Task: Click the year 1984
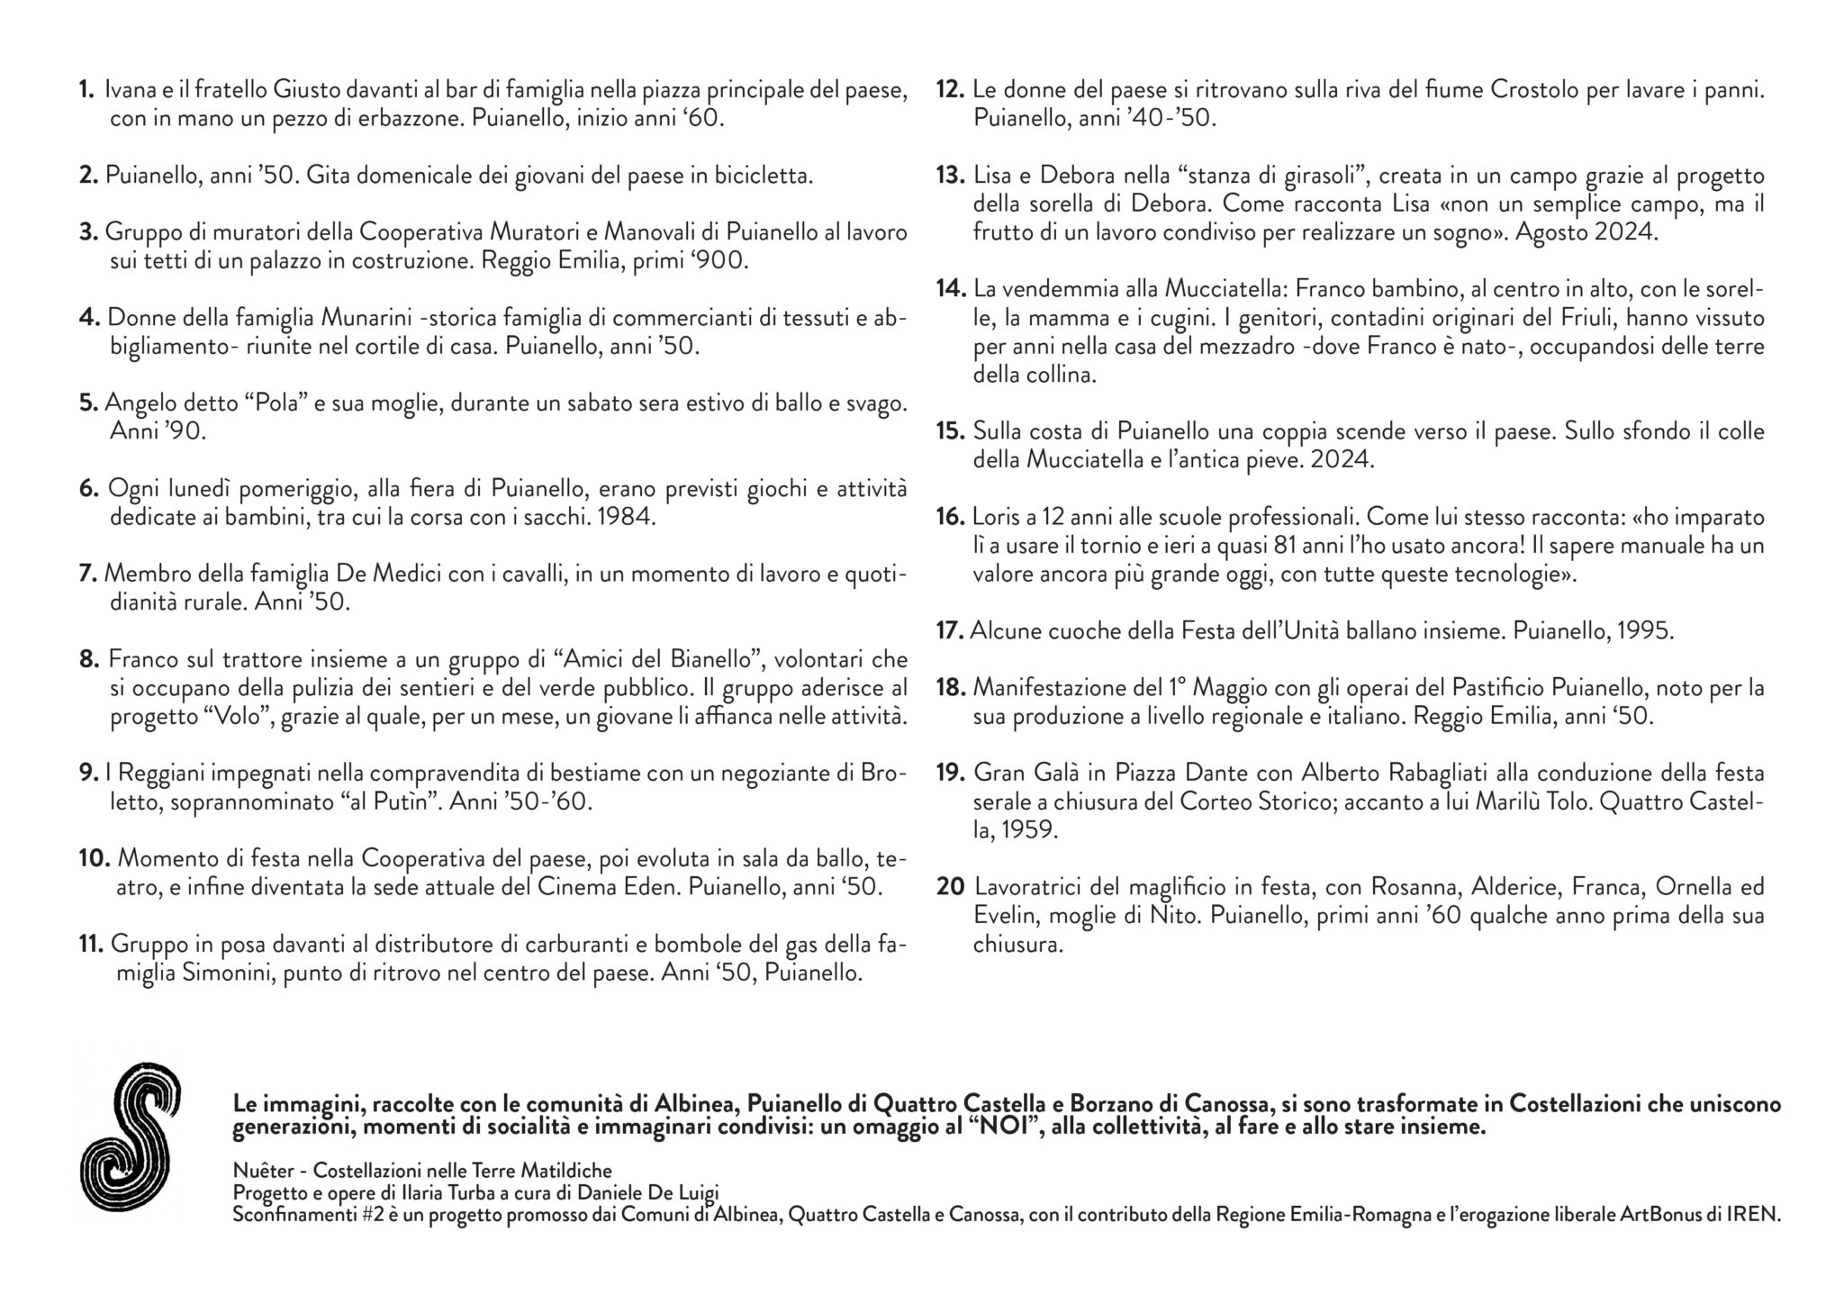[x=626, y=518]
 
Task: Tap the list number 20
[x=950, y=887]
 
